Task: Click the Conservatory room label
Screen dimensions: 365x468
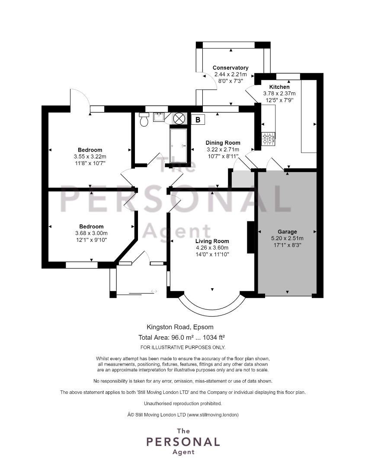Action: point(231,68)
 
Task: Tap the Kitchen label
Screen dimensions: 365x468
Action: point(279,87)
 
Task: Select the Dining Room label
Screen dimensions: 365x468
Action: point(223,143)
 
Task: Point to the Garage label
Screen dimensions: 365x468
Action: point(287,231)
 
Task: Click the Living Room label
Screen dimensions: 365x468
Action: point(212,241)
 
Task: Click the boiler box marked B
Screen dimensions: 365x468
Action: point(198,120)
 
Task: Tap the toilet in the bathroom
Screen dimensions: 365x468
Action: point(144,119)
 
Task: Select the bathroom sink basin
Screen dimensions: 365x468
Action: point(159,117)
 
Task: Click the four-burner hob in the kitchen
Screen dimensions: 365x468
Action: point(268,140)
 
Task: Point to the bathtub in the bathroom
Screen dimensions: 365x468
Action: point(179,146)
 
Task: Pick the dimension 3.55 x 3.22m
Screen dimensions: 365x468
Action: point(90,156)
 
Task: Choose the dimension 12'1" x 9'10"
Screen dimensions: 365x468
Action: point(92,240)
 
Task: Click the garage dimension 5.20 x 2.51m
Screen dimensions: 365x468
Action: point(287,238)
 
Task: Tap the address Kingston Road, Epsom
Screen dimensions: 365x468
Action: point(180,327)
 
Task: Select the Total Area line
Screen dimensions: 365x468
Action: point(182,338)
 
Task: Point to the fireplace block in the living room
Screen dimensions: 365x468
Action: point(250,237)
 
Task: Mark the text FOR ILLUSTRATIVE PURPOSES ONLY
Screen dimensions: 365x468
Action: point(182,348)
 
